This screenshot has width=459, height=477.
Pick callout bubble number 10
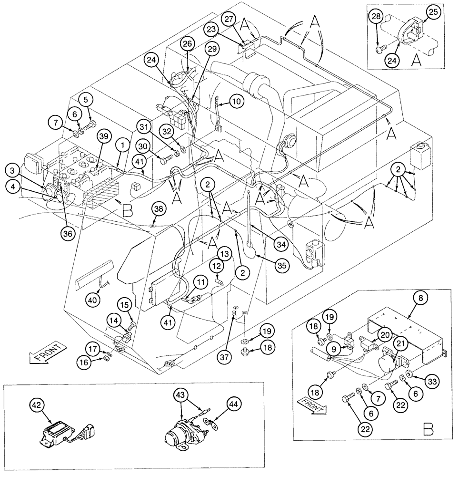pos(236,101)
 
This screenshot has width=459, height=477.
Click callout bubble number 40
pos(94,300)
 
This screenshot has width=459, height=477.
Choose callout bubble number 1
pos(123,144)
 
